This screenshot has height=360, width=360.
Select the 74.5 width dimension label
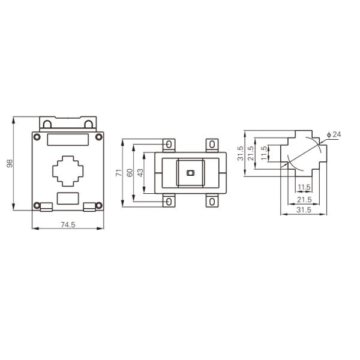[x=68, y=225]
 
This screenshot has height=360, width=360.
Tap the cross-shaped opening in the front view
[x=68, y=171]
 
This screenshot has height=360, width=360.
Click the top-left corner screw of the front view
[x=37, y=138]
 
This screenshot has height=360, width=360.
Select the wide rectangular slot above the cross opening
[x=68, y=140]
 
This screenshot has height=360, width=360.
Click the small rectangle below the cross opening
[x=68, y=199]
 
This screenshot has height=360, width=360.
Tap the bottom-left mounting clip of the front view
[x=47, y=208]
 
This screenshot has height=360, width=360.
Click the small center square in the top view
[x=191, y=173]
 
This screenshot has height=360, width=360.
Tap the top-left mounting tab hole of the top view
[x=169, y=145]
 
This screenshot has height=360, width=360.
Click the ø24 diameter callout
[x=334, y=134]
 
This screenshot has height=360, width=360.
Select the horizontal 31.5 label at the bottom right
[x=304, y=209]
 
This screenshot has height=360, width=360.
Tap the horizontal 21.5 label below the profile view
[x=304, y=199]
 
